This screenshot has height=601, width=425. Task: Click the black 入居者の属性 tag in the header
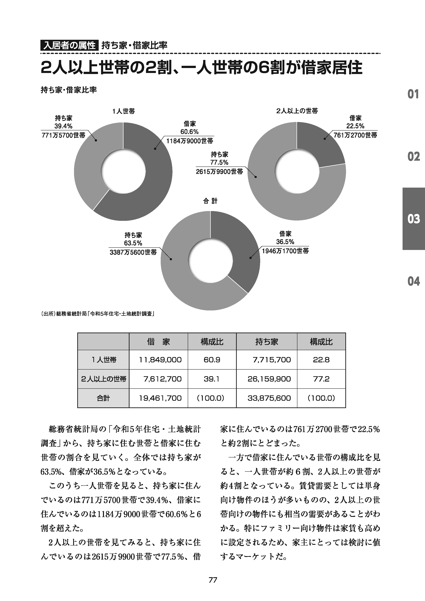[69, 46]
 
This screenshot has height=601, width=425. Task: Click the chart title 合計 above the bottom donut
[210, 201]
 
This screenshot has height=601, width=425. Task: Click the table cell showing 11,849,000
[160, 360]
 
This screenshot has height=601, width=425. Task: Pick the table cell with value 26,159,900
[269, 379]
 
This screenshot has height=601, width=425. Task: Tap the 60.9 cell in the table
[212, 360]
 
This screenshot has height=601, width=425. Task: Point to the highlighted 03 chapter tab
[414, 219]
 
